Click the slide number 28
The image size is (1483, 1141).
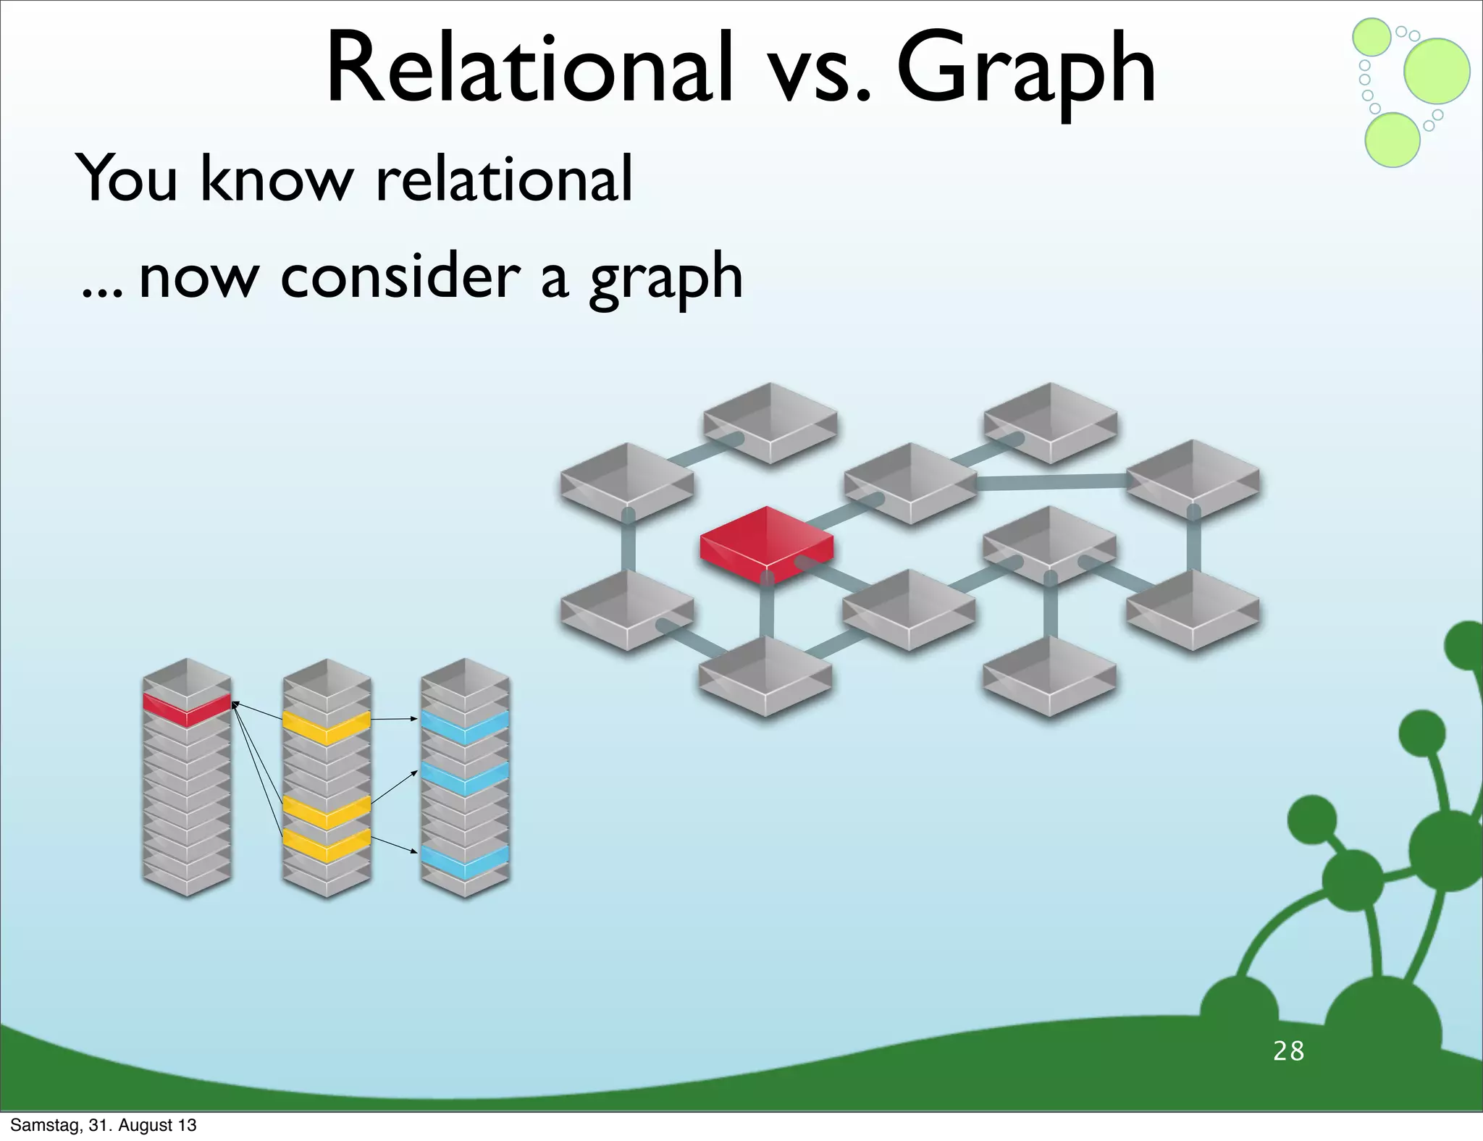click(x=1288, y=1051)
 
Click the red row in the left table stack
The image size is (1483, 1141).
click(x=187, y=708)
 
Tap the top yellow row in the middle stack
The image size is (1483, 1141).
click(x=327, y=726)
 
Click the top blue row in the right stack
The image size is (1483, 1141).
click(x=465, y=726)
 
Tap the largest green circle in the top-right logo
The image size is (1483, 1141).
click(x=1437, y=71)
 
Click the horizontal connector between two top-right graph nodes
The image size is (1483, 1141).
click(x=1051, y=481)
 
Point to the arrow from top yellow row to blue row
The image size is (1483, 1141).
click(x=395, y=719)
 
